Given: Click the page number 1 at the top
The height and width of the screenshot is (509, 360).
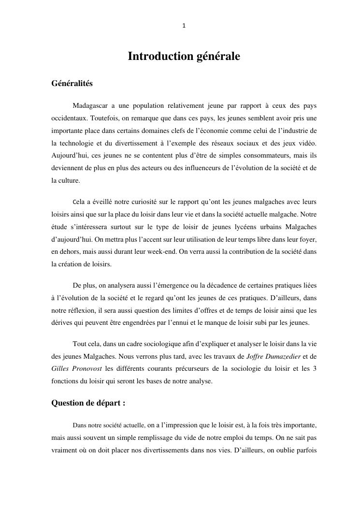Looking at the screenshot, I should tap(184, 26).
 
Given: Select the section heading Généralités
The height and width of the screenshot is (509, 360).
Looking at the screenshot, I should tap(72, 84).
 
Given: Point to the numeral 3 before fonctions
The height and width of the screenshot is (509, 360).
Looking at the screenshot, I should tap(315, 368).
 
